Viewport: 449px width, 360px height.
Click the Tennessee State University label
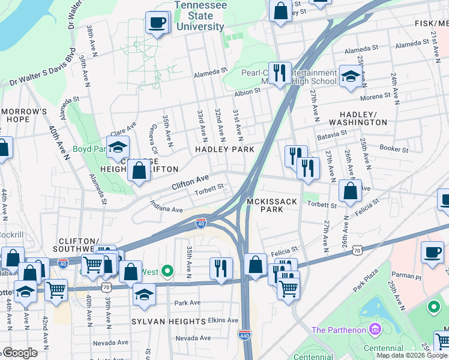(x=199, y=16)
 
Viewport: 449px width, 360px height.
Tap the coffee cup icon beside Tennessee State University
(x=157, y=23)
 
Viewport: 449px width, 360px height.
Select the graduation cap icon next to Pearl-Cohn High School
(x=350, y=76)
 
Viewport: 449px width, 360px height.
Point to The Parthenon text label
(x=340, y=329)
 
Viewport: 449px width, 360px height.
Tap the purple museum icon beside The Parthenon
(x=375, y=329)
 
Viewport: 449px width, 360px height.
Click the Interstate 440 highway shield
(x=244, y=335)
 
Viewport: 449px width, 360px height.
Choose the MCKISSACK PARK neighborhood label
(x=272, y=206)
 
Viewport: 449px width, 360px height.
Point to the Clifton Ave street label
(x=190, y=181)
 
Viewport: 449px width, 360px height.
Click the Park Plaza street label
(x=368, y=283)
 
